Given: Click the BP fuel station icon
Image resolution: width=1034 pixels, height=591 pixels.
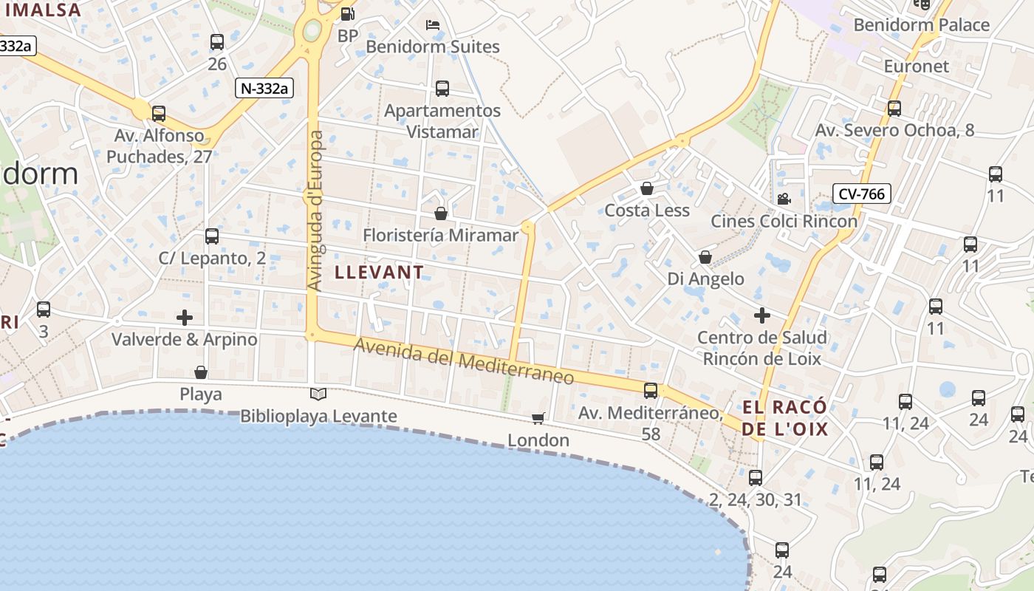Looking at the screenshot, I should click(x=347, y=13).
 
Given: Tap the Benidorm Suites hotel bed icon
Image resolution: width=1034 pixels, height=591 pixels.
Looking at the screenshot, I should click(x=434, y=25).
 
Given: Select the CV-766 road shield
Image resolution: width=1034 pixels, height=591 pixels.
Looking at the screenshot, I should click(x=862, y=194).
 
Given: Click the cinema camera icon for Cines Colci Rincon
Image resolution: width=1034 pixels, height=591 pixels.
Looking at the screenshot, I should click(x=784, y=199).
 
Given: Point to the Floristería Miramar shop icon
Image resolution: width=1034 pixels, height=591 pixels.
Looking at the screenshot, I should click(x=441, y=213).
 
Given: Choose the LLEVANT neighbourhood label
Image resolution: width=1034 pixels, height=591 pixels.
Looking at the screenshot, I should click(x=380, y=272).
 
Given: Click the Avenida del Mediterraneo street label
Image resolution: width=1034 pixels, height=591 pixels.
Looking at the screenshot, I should click(x=463, y=361).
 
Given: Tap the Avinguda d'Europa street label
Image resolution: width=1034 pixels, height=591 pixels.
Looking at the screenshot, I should click(x=315, y=211).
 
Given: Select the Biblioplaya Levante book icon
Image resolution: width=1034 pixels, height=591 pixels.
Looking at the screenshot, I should click(x=318, y=394).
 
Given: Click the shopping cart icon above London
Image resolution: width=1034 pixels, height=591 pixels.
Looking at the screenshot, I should click(x=538, y=418).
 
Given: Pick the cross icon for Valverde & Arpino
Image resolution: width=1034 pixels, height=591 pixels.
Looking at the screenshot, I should click(x=185, y=318).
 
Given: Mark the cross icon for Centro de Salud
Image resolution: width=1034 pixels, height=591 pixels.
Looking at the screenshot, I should click(x=762, y=315).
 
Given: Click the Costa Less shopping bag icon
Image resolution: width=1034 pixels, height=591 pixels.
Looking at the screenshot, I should click(x=647, y=188).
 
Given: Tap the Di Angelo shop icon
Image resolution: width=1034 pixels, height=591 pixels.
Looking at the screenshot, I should click(x=705, y=257).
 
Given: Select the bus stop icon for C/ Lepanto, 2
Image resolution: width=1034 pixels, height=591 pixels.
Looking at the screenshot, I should click(x=212, y=236).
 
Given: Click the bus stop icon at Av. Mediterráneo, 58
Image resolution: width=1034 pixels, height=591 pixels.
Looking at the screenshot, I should click(x=651, y=390).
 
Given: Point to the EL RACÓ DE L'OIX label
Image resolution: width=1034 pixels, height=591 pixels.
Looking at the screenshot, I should click(x=784, y=417).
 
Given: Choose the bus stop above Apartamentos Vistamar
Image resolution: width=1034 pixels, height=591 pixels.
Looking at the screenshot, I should click(x=442, y=89).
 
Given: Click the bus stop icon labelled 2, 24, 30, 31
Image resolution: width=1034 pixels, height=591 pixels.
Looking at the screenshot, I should click(x=755, y=477).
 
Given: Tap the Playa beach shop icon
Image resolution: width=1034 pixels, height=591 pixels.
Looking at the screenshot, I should click(x=201, y=372).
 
